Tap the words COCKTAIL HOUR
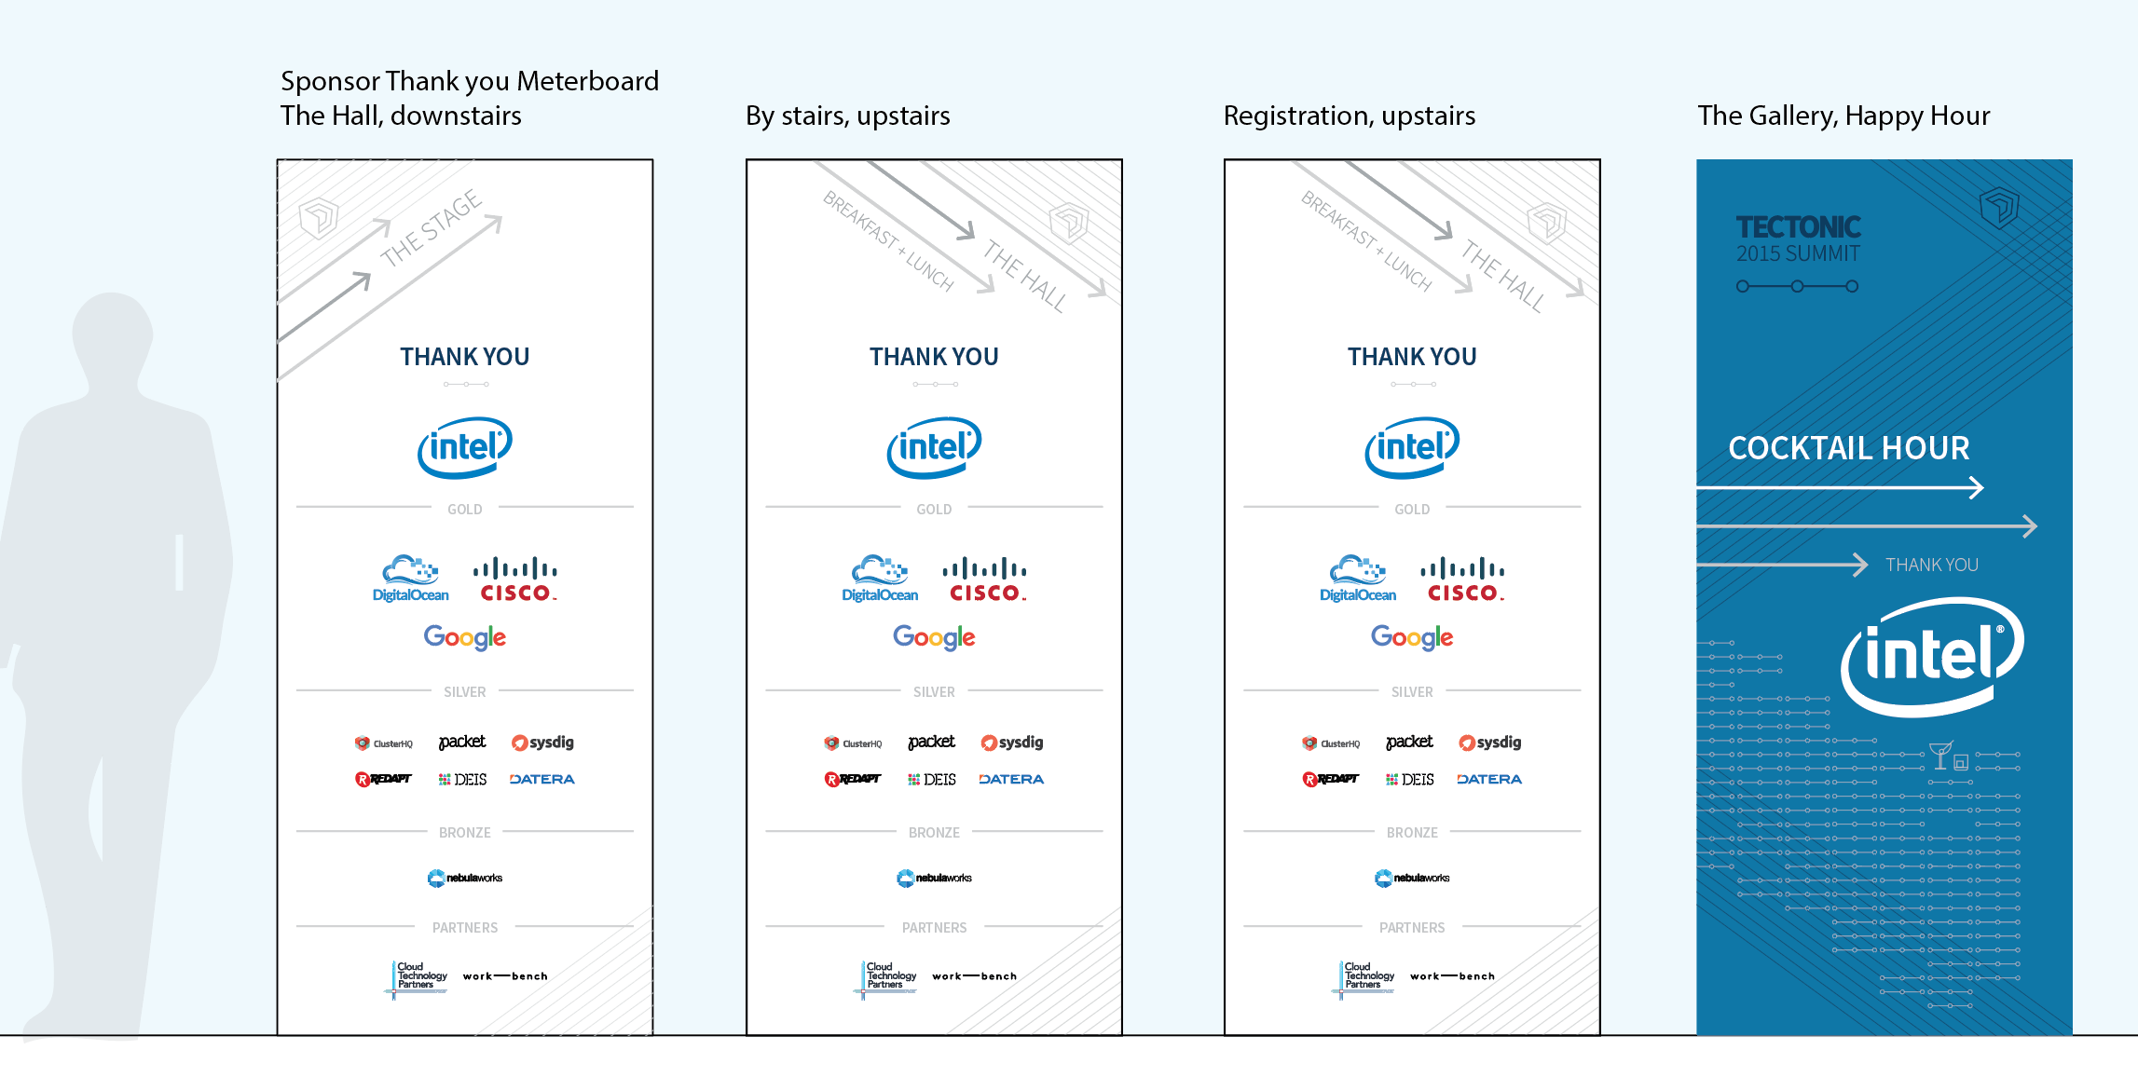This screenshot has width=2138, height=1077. point(1848,448)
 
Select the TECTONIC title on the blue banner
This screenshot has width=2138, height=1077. point(1798,226)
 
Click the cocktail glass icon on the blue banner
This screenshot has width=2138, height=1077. point(1939,755)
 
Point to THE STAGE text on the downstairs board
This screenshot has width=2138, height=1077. point(431,227)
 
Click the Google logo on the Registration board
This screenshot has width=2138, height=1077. point(1411,637)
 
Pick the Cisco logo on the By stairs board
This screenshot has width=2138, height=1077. point(984,579)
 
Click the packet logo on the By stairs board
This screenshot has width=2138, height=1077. point(931,742)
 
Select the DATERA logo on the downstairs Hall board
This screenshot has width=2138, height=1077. point(541,779)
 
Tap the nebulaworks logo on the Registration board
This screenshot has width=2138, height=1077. point(1411,878)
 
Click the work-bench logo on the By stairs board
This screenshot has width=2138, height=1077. point(974,976)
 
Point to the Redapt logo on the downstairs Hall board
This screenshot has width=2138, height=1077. point(383,779)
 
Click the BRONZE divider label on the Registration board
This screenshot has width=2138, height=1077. point(1411,833)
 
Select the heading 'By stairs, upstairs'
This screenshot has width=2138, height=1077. point(847,116)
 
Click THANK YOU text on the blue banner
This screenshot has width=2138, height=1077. point(1931,565)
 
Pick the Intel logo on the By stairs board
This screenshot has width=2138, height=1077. point(934,447)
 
